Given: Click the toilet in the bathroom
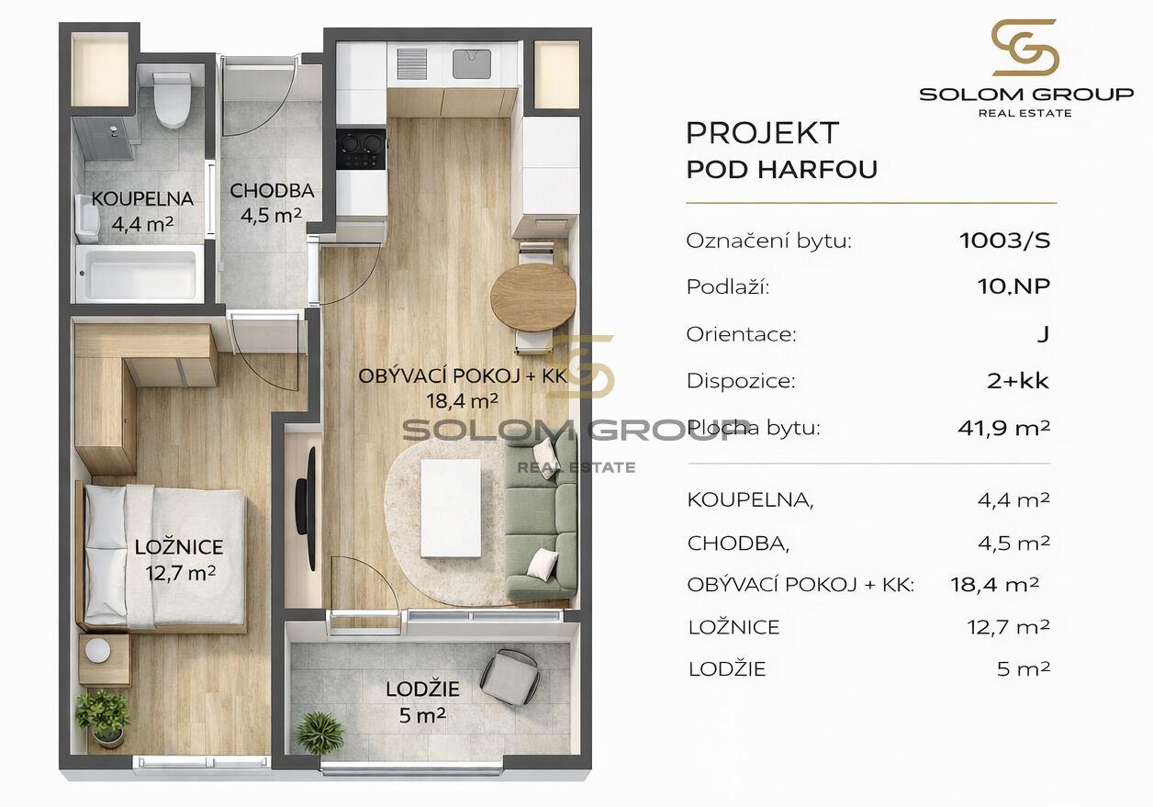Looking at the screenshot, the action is tap(172, 100).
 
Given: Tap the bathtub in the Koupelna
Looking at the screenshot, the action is tap(140, 274).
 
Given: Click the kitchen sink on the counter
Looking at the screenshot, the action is tap(472, 64).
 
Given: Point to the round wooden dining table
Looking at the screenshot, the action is tap(532, 297).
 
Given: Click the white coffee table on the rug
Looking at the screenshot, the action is tap(451, 508).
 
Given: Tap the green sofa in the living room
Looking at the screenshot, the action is tap(541, 517).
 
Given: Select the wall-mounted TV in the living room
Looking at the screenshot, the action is tap(306, 509).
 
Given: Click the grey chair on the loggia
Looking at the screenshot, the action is tap(509, 677).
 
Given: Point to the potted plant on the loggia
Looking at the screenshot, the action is tap(320, 733).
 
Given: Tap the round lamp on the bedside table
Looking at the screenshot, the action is tap(97, 651).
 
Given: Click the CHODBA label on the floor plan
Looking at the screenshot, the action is tap(272, 191).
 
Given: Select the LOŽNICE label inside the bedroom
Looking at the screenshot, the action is tap(179, 546).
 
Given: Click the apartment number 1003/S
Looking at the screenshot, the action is tap(1004, 241).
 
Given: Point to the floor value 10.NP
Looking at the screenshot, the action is tap(1013, 286).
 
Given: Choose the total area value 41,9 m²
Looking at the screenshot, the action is tap(1003, 428).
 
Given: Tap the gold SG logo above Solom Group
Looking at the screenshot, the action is tap(1024, 48).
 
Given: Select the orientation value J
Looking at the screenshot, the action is tap(1043, 334).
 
